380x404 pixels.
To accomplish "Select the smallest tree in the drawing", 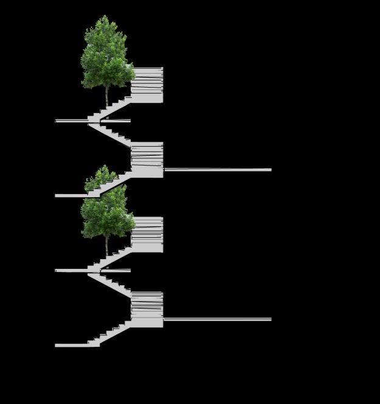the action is (x=101, y=178).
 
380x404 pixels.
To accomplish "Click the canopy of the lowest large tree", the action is (x=106, y=213).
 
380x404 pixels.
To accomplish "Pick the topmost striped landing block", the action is (x=148, y=85).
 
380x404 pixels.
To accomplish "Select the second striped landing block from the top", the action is (x=148, y=159).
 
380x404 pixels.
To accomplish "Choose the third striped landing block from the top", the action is (x=148, y=234).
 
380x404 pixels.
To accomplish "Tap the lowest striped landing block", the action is (x=148, y=309).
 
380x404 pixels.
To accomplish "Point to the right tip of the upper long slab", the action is (x=270, y=170).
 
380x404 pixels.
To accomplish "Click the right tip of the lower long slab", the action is (x=270, y=319).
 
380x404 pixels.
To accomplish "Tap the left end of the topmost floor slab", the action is (x=57, y=121).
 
